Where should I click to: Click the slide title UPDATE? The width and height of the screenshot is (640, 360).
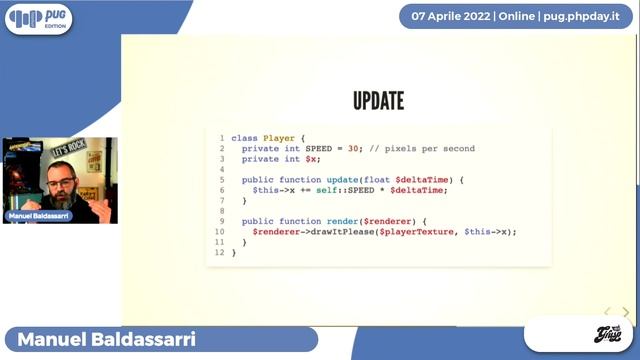(x=378, y=101)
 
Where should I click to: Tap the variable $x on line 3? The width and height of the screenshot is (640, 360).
(x=313, y=158)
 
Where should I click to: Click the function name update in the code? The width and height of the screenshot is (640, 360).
(x=341, y=179)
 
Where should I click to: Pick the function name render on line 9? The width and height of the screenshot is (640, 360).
(x=341, y=221)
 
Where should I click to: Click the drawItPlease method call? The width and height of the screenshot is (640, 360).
(x=336, y=231)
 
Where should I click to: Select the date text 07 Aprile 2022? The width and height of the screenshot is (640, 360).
(x=449, y=17)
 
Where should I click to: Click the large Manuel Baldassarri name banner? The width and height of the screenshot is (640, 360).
(x=100, y=340)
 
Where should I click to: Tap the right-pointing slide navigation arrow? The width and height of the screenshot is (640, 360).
(x=626, y=313)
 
